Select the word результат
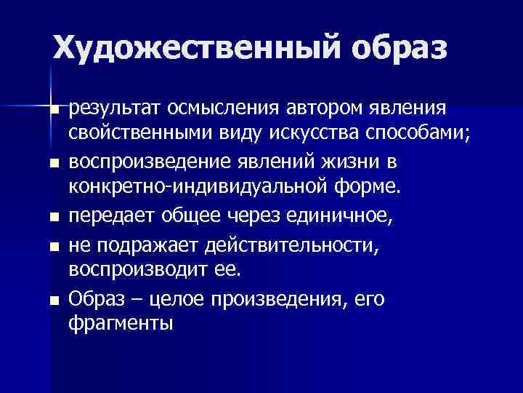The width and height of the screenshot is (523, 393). [x=115, y=110]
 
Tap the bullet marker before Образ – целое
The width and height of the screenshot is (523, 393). [x=54, y=300]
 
